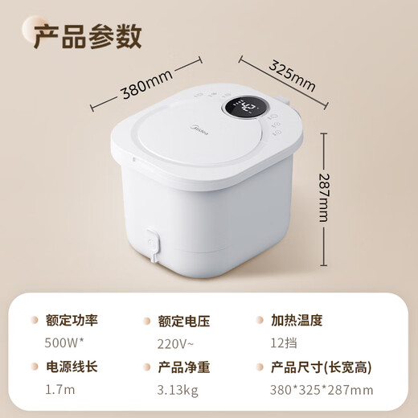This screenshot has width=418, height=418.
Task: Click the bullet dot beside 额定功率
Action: pos(35,320)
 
